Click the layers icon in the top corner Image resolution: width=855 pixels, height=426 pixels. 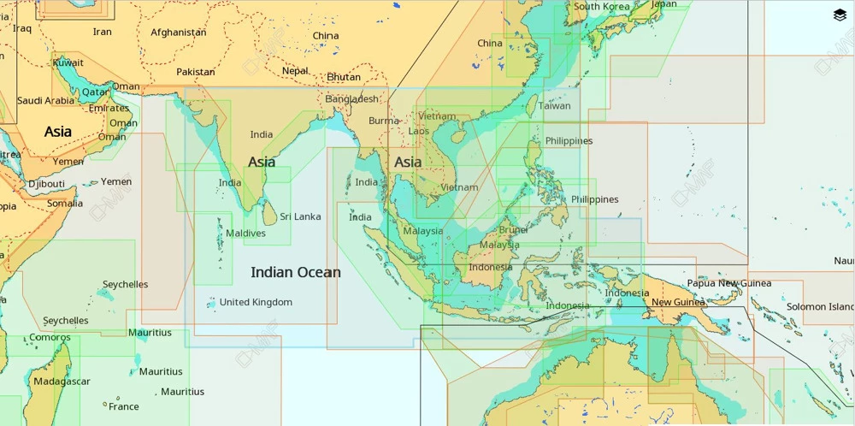coord(839,15)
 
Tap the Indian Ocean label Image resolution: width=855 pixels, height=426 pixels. coord(295,273)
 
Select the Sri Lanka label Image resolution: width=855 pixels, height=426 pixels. coord(300,216)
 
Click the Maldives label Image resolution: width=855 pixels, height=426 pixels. coord(245,234)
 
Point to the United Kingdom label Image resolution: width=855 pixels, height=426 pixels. coord(256,302)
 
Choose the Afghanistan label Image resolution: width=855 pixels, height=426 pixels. coord(178,33)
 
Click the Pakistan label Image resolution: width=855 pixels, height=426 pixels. coord(196,72)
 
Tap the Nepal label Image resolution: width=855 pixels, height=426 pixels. coord(295,71)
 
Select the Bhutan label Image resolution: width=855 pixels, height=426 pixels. coord(344,77)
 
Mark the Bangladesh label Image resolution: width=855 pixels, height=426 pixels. coord(351,99)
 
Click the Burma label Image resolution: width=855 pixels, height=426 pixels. coord(384,121)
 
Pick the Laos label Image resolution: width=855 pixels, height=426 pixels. coord(419,131)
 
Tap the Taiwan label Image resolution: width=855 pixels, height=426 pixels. coord(554,106)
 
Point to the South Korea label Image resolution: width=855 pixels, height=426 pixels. coord(601,7)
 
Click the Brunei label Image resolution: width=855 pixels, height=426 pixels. coord(513,229)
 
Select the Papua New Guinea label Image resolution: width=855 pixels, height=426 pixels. coord(728,283)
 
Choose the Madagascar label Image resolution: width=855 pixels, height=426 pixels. coord(62,382)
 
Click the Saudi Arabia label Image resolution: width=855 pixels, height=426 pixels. coord(46,101)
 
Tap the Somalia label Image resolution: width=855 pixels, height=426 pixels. coord(65,204)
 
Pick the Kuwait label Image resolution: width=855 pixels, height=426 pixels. coord(68,62)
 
